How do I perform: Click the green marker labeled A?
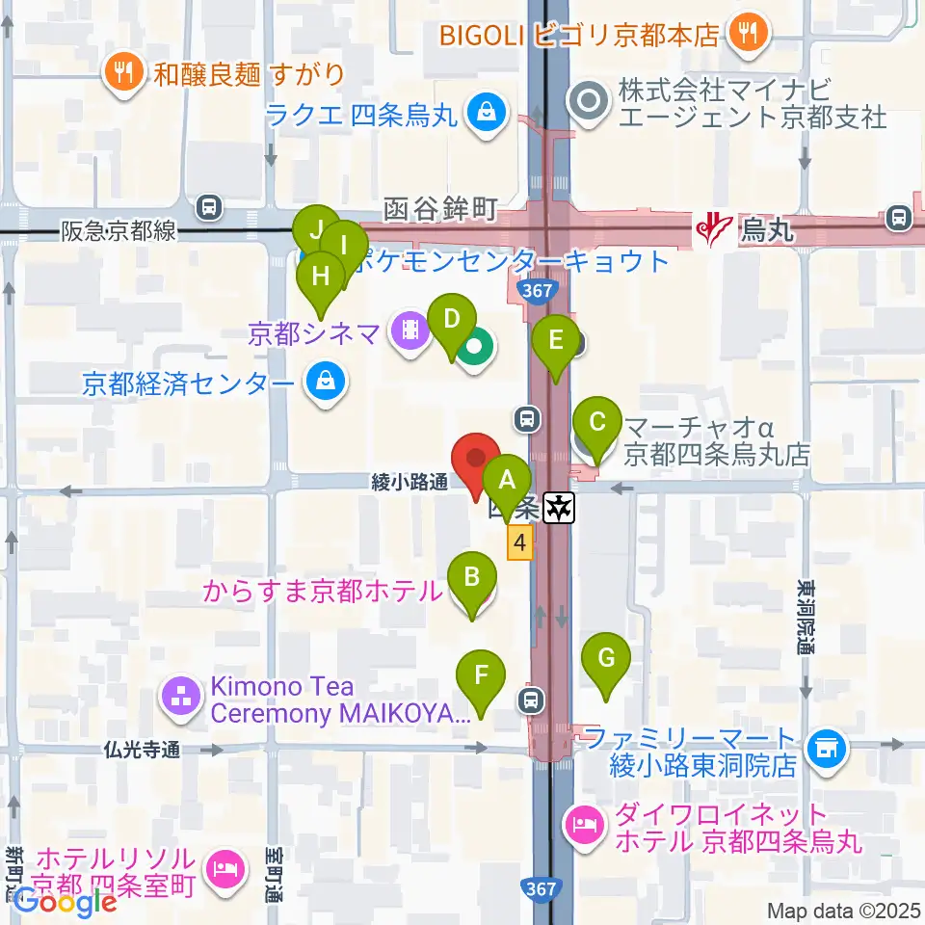pyautogui.click(x=507, y=476)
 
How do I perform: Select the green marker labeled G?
pyautogui.click(x=606, y=658)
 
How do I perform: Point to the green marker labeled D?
pyautogui.click(x=451, y=317)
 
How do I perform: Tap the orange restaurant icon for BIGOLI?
pyautogui.click(x=747, y=34)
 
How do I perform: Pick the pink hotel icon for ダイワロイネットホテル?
pyautogui.click(x=586, y=826)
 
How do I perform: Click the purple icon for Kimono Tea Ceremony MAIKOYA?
pyautogui.click(x=181, y=700)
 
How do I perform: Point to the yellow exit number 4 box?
pyautogui.click(x=520, y=543)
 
